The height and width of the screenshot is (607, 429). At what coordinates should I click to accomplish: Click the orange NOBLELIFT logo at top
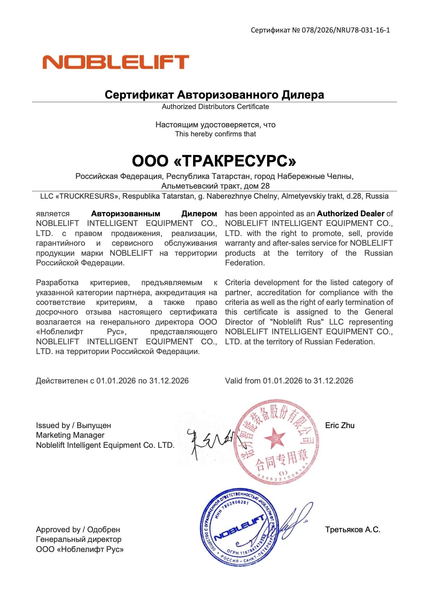coord(116,62)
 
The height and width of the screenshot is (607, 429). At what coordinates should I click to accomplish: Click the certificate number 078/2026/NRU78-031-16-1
coord(346,30)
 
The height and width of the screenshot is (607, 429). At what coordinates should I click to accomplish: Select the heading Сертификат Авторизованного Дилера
coord(214,94)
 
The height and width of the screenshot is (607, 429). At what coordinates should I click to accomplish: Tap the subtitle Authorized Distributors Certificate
coord(215,107)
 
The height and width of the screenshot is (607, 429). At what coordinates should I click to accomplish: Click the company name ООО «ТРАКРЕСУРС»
coord(214,161)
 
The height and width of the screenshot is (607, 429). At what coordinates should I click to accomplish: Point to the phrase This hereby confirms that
coord(215,134)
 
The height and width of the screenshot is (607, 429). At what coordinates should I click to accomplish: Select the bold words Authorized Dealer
coord(350,214)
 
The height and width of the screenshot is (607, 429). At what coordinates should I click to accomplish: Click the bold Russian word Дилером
coord(199,214)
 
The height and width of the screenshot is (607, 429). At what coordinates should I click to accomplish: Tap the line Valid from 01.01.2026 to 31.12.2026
coord(289,381)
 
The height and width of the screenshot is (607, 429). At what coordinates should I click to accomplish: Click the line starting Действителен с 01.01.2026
coord(112,381)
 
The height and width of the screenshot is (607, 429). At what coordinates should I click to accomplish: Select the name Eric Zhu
coord(339,425)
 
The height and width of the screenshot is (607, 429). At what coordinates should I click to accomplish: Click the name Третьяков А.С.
coord(352,529)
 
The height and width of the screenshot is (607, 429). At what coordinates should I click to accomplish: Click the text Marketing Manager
coord(70,435)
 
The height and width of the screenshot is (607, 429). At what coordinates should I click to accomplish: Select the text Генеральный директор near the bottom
coord(79,539)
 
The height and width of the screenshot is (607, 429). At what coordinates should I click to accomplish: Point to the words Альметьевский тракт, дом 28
coord(215,186)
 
